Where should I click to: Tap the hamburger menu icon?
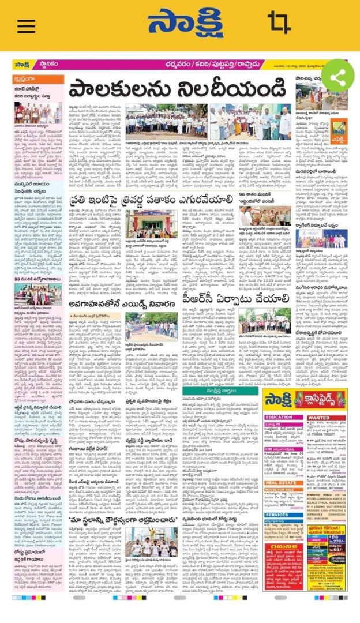[26, 26]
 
